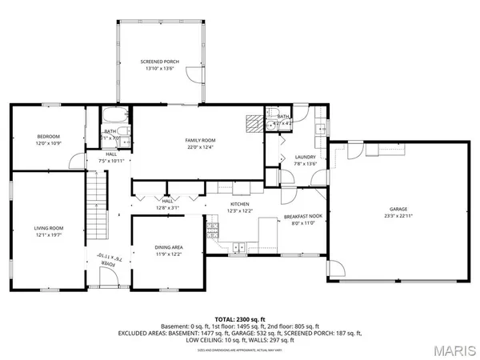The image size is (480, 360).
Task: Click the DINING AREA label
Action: (x=169, y=247)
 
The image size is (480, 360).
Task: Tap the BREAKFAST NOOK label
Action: (x=303, y=216)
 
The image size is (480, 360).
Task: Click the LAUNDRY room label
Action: (x=306, y=157)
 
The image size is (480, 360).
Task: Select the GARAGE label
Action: (x=397, y=210)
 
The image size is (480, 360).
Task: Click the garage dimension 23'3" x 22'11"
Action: (x=397, y=217)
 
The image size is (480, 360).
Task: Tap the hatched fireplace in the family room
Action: (x=254, y=122)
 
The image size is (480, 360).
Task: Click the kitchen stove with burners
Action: (x=213, y=231)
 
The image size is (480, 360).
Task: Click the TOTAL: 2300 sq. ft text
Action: (x=240, y=318)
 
